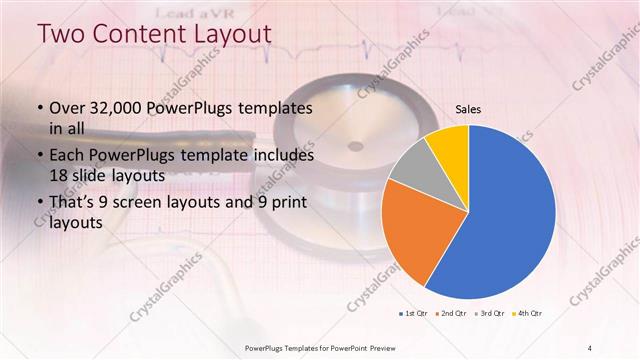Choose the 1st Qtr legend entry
413,314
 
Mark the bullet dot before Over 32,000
39,108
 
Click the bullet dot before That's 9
39,205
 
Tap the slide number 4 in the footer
590,347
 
